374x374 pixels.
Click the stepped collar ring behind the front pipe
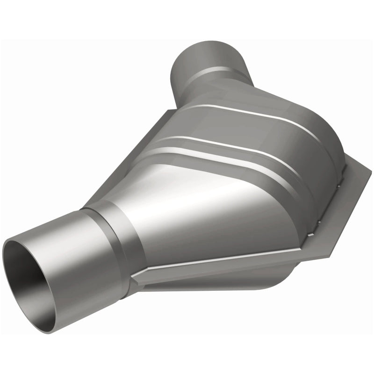(115, 234)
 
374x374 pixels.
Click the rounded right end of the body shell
(327, 140)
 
